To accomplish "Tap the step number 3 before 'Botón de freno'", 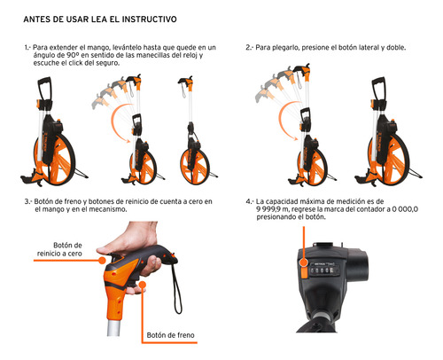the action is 27,202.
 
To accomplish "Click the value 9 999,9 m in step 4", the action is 273,209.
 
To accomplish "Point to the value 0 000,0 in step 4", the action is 405,209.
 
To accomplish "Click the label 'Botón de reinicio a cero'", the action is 59,249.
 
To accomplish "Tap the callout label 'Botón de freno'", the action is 170,335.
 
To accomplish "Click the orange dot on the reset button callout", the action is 102,261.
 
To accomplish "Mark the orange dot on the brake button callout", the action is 143,285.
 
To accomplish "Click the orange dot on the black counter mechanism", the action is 304,262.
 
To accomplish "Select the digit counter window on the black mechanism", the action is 323,270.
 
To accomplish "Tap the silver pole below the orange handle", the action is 113,327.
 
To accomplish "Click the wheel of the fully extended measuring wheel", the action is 195,166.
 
